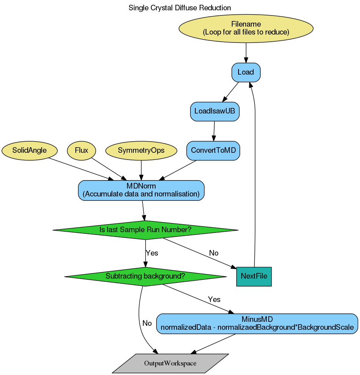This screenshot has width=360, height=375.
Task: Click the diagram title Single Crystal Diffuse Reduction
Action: [x=179, y=8]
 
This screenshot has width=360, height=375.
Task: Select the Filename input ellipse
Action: [x=246, y=29]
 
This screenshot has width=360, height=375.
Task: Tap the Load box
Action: [x=246, y=72]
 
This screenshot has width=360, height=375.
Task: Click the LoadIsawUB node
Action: [x=215, y=112]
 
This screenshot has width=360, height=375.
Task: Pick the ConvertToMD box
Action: [x=213, y=150]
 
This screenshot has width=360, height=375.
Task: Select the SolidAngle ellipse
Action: [x=29, y=150]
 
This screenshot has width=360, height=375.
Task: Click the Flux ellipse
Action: [x=81, y=150]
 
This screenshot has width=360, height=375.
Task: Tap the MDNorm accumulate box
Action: [x=141, y=190]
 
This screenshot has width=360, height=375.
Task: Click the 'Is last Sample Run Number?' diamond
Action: [x=145, y=230]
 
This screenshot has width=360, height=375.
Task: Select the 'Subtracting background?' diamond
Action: [x=145, y=276]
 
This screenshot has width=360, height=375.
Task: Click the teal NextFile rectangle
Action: [x=254, y=276]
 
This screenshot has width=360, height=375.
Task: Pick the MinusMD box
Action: [x=257, y=323]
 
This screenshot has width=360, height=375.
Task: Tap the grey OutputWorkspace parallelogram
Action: [x=170, y=363]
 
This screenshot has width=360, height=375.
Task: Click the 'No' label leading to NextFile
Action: [x=214, y=253]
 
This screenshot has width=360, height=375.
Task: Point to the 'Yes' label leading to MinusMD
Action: [x=214, y=299]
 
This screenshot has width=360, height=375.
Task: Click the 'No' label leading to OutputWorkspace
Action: [x=147, y=323]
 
